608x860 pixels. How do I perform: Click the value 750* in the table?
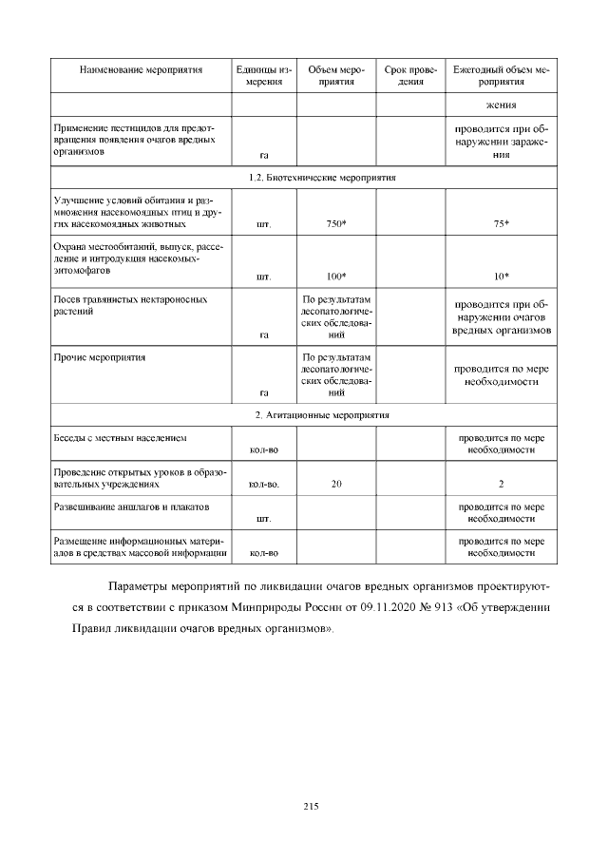coord(336,224)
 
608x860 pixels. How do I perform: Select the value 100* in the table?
coord(336,277)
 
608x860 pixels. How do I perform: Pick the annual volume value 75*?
coord(502,224)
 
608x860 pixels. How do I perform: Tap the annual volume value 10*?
coord(502,277)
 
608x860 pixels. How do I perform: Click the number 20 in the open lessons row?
coord(336,484)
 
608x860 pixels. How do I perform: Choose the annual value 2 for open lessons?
coord(502,484)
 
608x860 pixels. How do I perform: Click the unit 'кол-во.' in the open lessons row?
coord(264,484)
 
